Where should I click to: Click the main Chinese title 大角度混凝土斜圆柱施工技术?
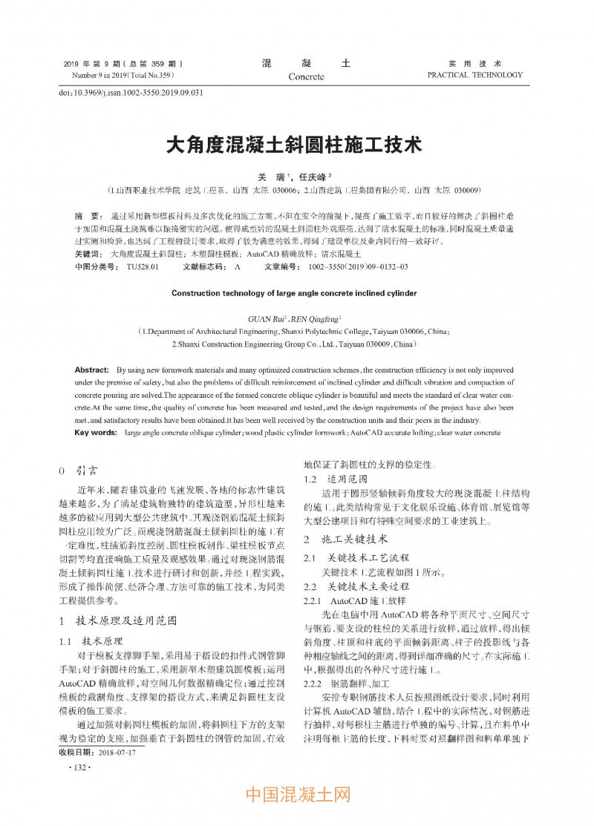tap(296, 143)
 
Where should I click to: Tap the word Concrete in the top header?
tap(306, 76)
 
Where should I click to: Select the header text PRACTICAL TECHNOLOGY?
tap(475, 75)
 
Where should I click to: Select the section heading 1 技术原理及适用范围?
tap(117, 620)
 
